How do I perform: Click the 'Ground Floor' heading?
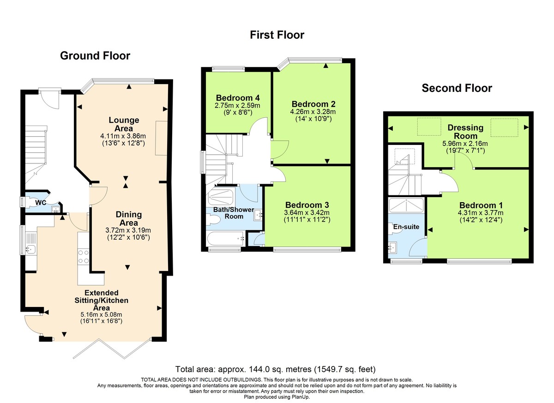coord(95,56)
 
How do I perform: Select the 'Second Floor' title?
coord(457,88)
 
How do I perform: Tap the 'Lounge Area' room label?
coord(124,124)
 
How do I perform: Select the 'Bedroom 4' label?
coord(237,98)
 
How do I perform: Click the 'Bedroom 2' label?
coord(313,104)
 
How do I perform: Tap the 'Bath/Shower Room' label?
coord(233,213)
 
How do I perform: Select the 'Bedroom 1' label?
coord(480,205)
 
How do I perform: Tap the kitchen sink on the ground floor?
coord(30,250)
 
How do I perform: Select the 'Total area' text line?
coord(276,369)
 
